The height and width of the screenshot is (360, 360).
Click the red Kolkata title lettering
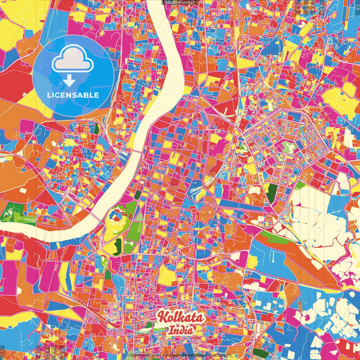(x=179, y=317)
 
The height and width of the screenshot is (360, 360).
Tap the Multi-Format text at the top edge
(x=180, y=3)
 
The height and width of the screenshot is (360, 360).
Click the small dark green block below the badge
(x=96, y=128)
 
